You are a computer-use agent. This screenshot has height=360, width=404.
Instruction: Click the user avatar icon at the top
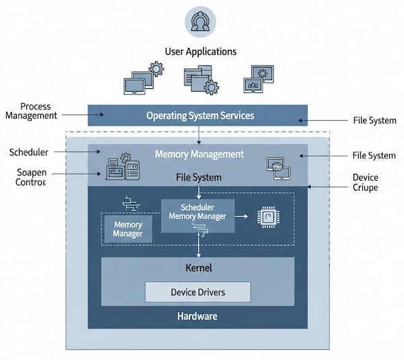tap(201, 21)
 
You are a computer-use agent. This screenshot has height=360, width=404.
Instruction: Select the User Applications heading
tap(200, 51)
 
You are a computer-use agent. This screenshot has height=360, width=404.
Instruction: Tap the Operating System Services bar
tap(198, 115)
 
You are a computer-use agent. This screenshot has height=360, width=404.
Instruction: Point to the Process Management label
tap(31, 111)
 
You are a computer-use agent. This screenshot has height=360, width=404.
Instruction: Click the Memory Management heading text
tap(199, 154)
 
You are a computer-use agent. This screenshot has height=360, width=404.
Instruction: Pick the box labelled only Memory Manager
tap(128, 229)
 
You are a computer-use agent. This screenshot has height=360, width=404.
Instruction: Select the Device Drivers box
tap(198, 292)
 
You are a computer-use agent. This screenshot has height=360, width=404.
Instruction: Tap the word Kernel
tap(198, 268)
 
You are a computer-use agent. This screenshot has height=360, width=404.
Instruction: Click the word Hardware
tap(198, 316)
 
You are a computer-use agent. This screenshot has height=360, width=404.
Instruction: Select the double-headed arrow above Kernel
tap(198, 245)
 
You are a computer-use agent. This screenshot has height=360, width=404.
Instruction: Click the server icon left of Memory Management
tap(123, 167)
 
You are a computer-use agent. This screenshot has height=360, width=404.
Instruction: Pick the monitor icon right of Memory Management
tap(278, 168)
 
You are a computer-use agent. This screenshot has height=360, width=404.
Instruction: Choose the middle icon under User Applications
tap(201, 80)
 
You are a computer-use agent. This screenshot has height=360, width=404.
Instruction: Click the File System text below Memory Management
tap(199, 178)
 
